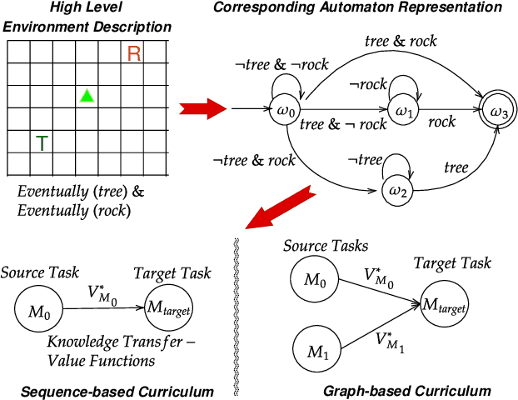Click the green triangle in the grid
pos(87,96)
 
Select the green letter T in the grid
pos(41,143)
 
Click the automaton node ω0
pos(285,109)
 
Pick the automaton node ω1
pos(404,109)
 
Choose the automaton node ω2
pos(397,191)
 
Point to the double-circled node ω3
pos(498,109)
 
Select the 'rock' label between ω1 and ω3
pos(442,122)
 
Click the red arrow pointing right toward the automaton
pos(205,108)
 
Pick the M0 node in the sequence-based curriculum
pos(39,312)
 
